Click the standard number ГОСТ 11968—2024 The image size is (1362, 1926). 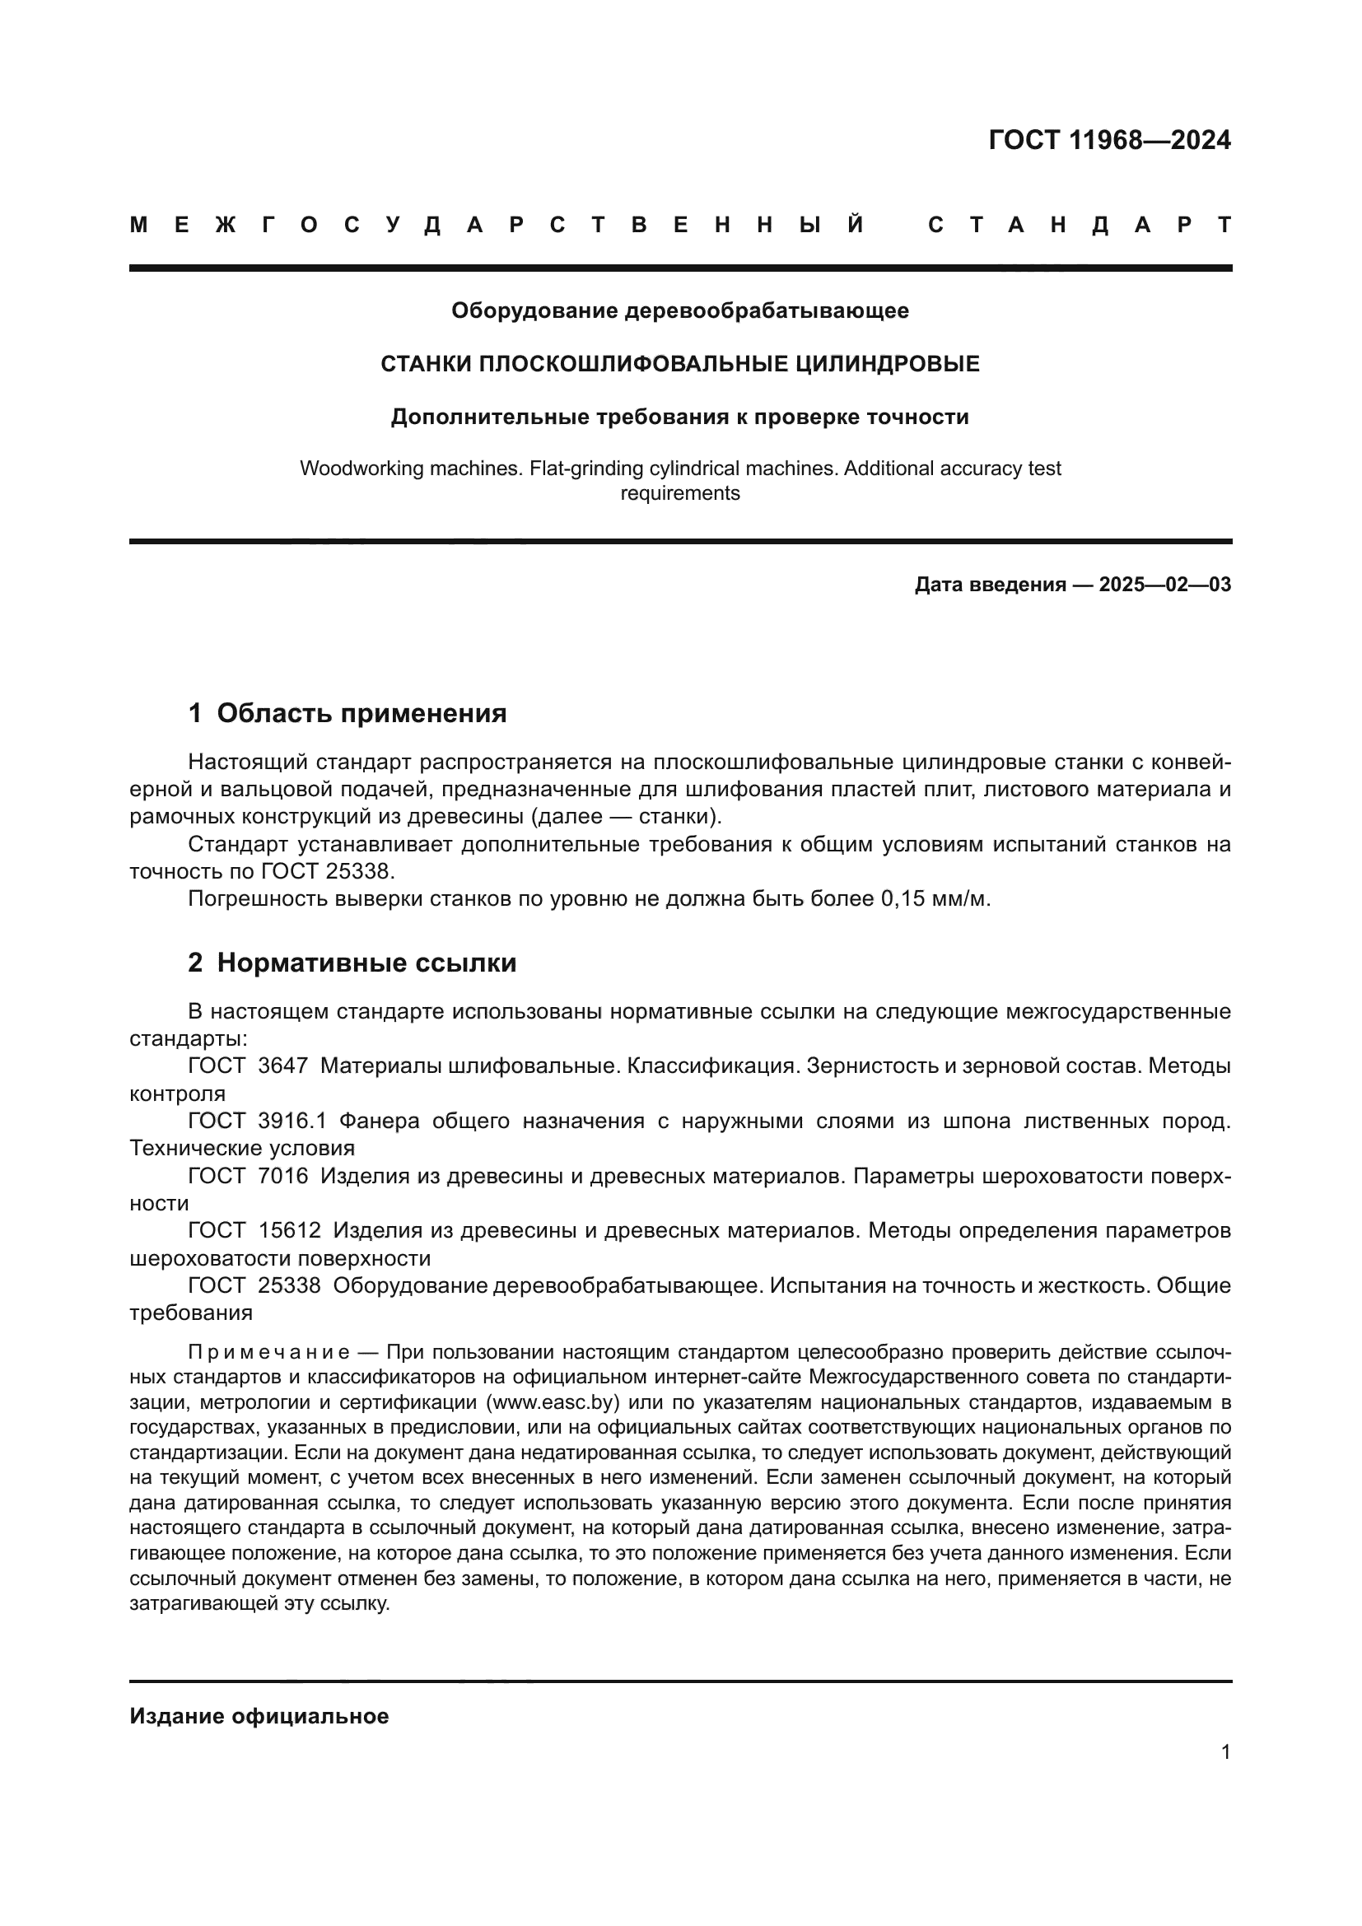(1108, 140)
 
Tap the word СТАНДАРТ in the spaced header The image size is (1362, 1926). (1080, 225)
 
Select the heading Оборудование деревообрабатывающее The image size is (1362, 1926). (679, 310)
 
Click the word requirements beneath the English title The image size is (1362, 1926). (679, 493)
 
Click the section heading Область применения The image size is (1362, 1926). (361, 713)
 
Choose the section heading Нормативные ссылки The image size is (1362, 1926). (366, 963)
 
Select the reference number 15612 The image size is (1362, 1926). (289, 1230)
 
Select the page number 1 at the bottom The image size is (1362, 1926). (1225, 1751)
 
